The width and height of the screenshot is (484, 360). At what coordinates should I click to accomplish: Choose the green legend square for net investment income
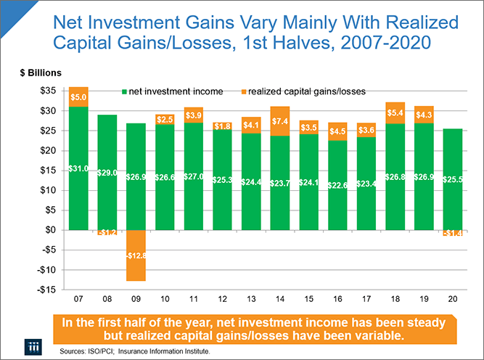(125, 91)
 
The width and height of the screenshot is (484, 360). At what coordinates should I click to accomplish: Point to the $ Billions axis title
(41, 72)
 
